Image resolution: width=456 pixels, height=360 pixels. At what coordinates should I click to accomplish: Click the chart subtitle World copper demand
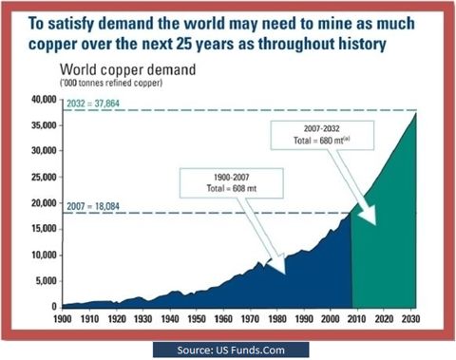[x=127, y=70]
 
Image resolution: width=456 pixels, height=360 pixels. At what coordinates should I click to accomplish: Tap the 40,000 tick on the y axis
[x=44, y=100]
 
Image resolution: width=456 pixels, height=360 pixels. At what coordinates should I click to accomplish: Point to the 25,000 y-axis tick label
[x=44, y=178]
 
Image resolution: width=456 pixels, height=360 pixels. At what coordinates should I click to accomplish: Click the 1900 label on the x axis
[x=63, y=319]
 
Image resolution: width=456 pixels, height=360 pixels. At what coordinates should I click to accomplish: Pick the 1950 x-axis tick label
[x=197, y=319]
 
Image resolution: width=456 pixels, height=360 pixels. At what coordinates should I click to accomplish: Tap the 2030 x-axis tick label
[x=410, y=319]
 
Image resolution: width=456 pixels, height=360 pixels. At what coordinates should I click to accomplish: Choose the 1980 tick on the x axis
[x=277, y=319]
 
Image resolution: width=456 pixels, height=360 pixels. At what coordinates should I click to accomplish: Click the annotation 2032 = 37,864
[x=93, y=104]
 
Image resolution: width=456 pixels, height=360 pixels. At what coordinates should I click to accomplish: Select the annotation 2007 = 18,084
[x=93, y=206]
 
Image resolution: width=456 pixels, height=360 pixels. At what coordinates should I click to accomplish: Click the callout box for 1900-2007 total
[x=232, y=183]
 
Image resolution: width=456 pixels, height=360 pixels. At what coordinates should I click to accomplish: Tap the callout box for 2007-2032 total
[x=322, y=135]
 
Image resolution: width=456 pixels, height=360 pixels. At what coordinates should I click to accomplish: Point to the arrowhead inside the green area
[x=369, y=215]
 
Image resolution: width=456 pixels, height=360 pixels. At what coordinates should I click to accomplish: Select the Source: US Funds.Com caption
[x=231, y=351]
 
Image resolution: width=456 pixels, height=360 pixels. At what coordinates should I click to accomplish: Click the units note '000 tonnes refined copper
[x=111, y=83]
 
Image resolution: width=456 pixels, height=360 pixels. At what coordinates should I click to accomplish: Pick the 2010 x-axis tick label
[x=357, y=319]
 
